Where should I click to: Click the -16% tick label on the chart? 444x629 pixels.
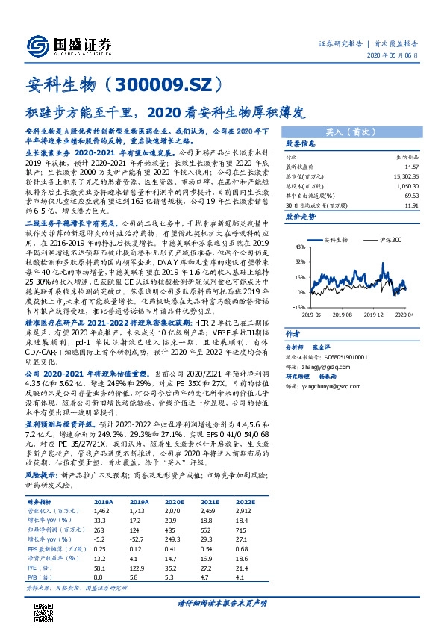[298, 306]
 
